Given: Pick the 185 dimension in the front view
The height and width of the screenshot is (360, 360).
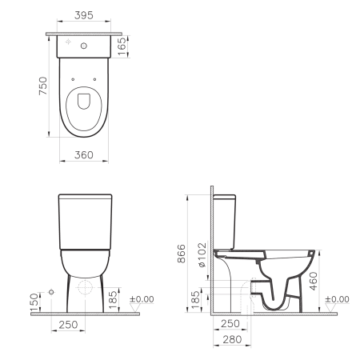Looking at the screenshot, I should point(114,298).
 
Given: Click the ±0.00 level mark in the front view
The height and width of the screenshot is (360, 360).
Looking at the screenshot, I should point(141,300).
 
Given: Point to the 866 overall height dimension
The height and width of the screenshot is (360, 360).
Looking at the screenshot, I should point(182,254).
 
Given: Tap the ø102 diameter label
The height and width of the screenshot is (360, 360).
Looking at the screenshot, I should point(202,255).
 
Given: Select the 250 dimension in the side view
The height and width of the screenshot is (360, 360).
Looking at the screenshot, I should point(230,323).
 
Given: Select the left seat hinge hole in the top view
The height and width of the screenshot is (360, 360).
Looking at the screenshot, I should point(72,79).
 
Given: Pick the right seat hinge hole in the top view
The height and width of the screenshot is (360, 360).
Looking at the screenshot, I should point(94,79).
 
